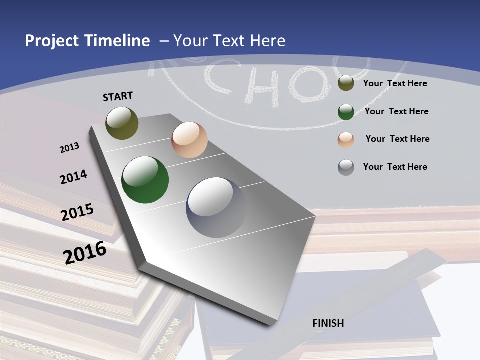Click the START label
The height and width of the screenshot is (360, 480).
(x=118, y=96)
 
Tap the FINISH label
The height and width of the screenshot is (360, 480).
(x=328, y=323)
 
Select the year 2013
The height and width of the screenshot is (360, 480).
(x=69, y=148)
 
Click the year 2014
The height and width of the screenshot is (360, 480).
(x=73, y=177)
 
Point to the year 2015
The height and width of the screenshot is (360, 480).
(x=77, y=212)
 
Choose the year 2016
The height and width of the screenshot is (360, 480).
(x=85, y=253)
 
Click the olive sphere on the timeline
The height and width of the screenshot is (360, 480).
(x=122, y=123)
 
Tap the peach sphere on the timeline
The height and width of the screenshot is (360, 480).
(x=189, y=140)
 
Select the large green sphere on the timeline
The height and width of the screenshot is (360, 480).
(x=145, y=180)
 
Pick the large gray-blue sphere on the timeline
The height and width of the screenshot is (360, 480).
(x=216, y=207)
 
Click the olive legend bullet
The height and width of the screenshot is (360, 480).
(x=346, y=83)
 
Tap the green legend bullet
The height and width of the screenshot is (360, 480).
(x=346, y=112)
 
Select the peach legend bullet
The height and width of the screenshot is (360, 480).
(x=346, y=139)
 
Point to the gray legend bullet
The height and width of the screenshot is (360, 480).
(x=346, y=167)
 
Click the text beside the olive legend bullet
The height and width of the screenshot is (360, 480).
(x=395, y=83)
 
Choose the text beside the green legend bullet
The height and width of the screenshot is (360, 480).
(x=396, y=111)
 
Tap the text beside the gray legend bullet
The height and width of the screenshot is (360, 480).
(x=395, y=167)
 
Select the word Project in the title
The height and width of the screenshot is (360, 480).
(x=51, y=41)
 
